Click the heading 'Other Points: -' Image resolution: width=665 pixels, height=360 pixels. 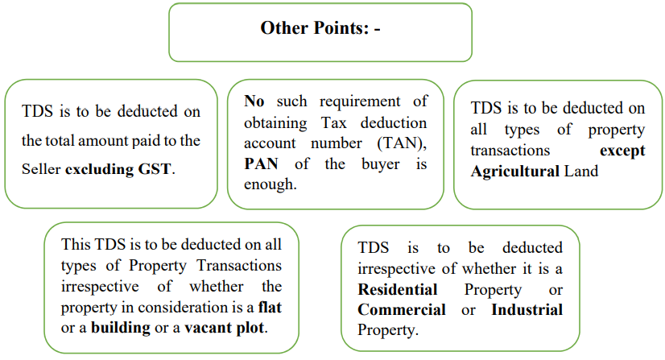(320, 28)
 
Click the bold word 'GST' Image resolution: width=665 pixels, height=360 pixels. (155, 169)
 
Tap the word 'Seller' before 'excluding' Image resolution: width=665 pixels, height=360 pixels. (41, 169)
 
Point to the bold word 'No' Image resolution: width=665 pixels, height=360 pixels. (254, 101)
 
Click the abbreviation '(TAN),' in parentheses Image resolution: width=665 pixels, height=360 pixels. (402, 143)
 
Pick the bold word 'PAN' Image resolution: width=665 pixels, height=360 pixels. (261, 164)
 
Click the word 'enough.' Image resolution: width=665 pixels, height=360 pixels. (271, 185)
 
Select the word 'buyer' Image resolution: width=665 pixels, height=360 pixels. (381, 164)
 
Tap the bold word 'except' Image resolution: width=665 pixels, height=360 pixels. (622, 151)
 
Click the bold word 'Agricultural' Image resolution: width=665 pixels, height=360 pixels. (515, 172)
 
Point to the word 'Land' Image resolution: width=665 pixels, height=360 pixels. (581, 172)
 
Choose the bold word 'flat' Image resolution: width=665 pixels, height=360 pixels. (270, 307)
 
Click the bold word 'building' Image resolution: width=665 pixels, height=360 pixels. (121, 328)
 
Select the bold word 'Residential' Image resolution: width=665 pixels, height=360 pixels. (398, 290)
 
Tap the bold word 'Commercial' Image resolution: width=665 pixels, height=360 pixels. (402, 310)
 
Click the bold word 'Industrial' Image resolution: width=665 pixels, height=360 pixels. (527, 310)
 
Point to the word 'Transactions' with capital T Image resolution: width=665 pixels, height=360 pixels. (239, 266)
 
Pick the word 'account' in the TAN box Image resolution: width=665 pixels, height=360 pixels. (270, 143)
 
